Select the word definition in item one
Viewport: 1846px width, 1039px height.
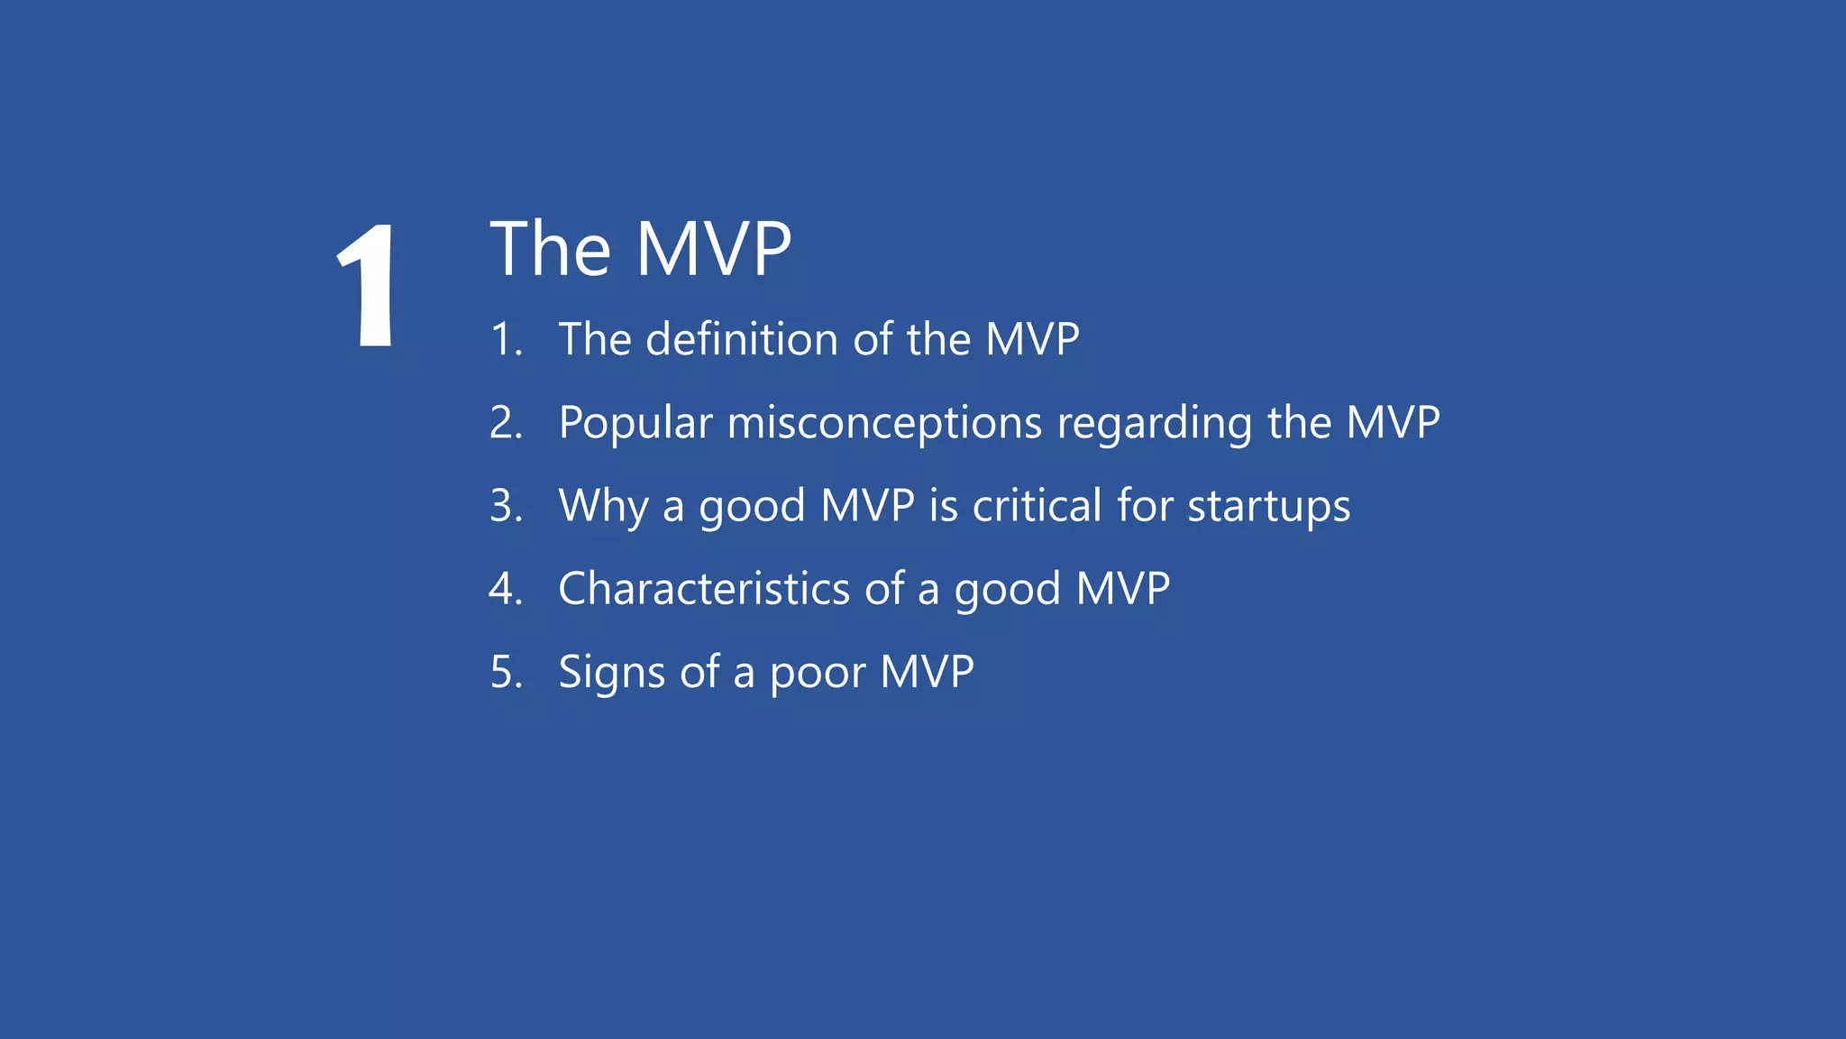742,339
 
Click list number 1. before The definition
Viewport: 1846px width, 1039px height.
506,340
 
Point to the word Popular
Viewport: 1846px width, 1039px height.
635,422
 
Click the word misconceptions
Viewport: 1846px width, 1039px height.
884,422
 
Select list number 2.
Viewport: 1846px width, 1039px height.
506,423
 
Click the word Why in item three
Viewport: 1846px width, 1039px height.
602,505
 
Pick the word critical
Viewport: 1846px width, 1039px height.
1037,505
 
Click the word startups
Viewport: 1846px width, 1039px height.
1268,507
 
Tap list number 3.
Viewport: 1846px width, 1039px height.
506,506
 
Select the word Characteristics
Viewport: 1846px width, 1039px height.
704,588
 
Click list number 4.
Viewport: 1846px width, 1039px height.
506,589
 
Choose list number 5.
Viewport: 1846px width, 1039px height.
506,673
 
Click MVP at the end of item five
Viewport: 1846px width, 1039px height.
927,671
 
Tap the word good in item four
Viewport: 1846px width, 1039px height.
1007,590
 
